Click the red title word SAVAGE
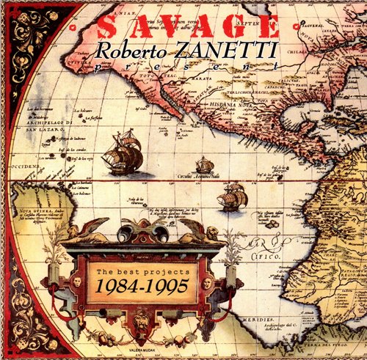pos(188,26)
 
